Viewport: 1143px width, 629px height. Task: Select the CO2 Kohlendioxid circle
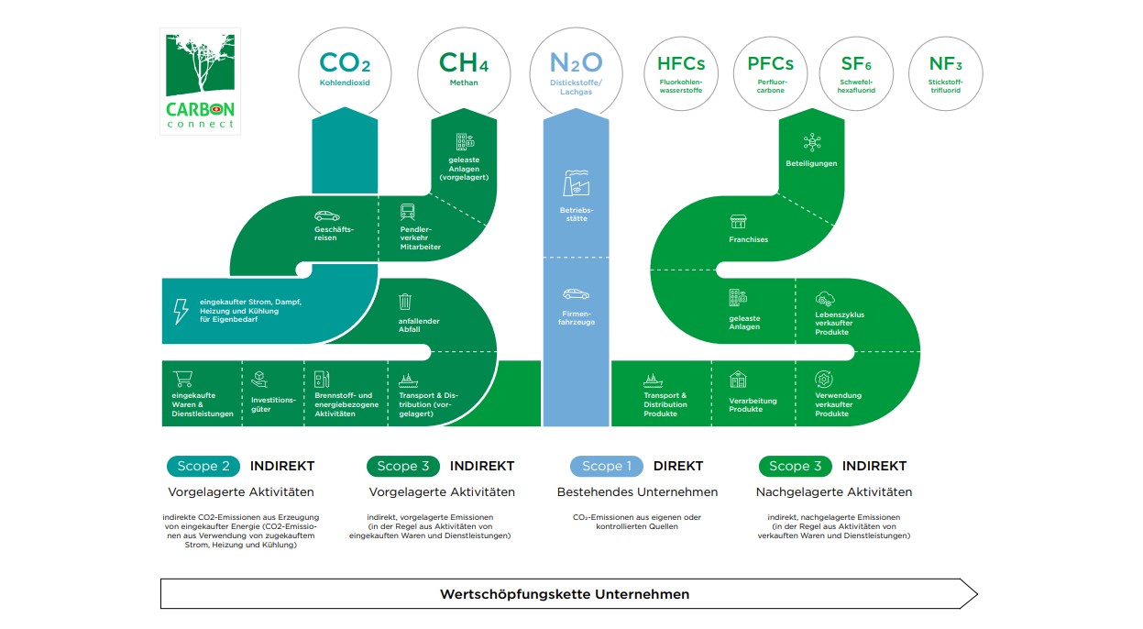345,71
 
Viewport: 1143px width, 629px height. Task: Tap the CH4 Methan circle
463,71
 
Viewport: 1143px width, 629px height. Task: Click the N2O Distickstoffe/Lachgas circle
576,71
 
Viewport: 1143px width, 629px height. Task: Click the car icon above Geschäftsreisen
326,216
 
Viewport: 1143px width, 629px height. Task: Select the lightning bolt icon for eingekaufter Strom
181,312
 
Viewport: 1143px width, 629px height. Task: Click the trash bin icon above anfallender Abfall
405,301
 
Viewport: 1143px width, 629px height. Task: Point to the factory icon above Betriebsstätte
576,183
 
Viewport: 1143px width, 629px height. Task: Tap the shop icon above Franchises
738,222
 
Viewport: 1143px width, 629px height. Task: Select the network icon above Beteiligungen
811,141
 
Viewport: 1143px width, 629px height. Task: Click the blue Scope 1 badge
608,466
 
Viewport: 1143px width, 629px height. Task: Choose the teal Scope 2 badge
203,466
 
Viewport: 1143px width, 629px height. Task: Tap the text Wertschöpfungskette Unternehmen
564,594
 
